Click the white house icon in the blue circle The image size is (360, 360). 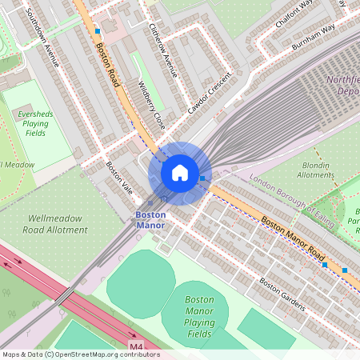(180, 173)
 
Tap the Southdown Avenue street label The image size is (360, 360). (42, 36)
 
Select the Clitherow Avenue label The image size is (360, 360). (162, 49)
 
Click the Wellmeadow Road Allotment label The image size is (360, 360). (58, 224)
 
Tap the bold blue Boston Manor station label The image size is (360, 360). (150, 220)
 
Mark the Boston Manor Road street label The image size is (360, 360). (294, 238)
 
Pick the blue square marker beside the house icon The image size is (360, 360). (202, 178)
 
